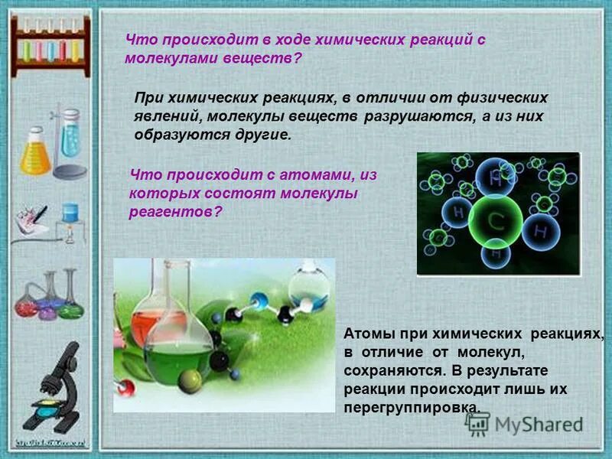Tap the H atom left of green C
[x=457, y=211]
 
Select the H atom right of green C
[x=541, y=229]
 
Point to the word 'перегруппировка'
[x=412, y=407]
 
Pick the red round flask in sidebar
[x=26, y=304]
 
